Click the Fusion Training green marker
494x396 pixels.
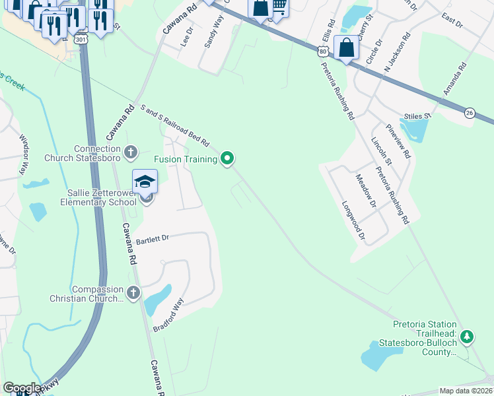pos(228,158)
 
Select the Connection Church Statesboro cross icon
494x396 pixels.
pos(131,152)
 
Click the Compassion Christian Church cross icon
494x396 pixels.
pos(133,292)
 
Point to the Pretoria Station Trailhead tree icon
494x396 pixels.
pos(467,337)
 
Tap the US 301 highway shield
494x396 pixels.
pos(81,40)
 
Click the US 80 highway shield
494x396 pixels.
pos(322,50)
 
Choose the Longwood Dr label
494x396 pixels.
pos(352,219)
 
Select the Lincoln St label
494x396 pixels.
pos(382,152)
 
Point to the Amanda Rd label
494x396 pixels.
pos(455,79)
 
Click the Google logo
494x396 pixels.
pos(22,388)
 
